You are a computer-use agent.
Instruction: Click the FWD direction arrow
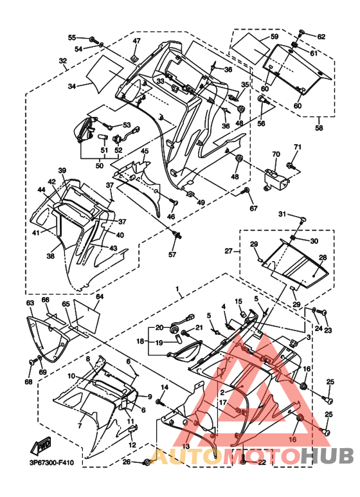pyautogui.click(x=40, y=446)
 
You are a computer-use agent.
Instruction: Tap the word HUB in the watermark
pyautogui.click(x=327, y=456)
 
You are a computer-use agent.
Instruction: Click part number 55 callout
pyautogui.click(x=72, y=38)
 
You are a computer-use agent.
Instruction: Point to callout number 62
pyautogui.click(x=321, y=37)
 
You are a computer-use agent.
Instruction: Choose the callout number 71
pyautogui.click(x=297, y=147)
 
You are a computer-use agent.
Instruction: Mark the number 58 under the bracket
pyautogui.click(x=319, y=128)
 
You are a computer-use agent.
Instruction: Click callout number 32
pyautogui.click(x=63, y=60)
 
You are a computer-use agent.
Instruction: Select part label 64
pyautogui.click(x=100, y=296)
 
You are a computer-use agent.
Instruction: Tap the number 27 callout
pyautogui.click(x=229, y=251)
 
